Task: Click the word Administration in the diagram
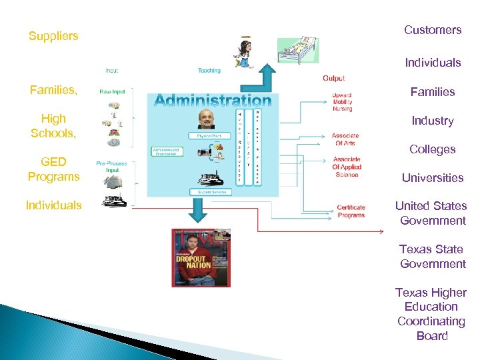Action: point(213,101)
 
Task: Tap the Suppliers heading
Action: point(53,36)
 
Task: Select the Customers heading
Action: point(433,30)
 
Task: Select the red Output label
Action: point(333,78)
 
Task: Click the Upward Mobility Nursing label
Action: point(342,102)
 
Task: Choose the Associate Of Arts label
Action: point(345,139)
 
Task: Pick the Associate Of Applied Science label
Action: point(346,167)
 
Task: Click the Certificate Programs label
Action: point(351,211)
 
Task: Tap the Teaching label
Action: point(209,71)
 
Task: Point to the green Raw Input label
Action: point(112,92)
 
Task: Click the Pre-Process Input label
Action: point(111,166)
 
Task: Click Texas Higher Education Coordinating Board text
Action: point(431,314)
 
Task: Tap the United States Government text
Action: point(431,213)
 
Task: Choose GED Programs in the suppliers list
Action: point(53,169)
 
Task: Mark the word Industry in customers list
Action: point(433,121)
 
